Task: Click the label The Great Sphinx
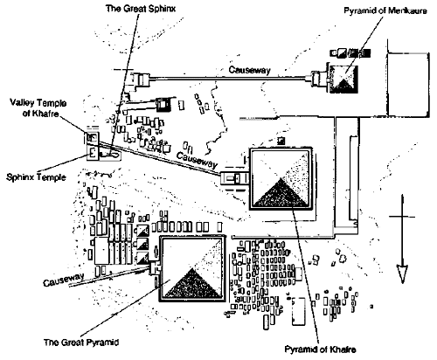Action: pyautogui.click(x=141, y=8)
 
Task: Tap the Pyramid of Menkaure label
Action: pyautogui.click(x=385, y=11)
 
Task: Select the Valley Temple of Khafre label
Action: pyautogui.click(x=38, y=107)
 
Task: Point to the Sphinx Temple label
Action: pyautogui.click(x=36, y=177)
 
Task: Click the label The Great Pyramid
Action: pyautogui.click(x=81, y=342)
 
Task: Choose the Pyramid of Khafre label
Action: pyautogui.click(x=320, y=350)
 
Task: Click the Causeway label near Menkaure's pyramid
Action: pyautogui.click(x=249, y=70)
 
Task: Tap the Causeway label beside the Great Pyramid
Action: pyautogui.click(x=64, y=280)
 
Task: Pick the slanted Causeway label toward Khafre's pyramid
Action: pyautogui.click(x=197, y=160)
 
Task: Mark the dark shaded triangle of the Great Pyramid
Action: pyautogui.click(x=192, y=284)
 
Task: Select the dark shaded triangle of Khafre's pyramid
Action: pyautogui.click(x=281, y=193)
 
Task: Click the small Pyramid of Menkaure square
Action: pyautogui.click(x=343, y=79)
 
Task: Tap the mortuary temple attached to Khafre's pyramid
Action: pyautogui.click(x=235, y=178)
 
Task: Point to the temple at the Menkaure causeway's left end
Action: pyautogui.click(x=140, y=80)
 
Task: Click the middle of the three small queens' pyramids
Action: pyautogui.click(x=142, y=244)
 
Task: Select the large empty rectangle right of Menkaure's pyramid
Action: pyautogui.click(x=408, y=85)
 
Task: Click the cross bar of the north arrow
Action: pyautogui.click(x=402, y=217)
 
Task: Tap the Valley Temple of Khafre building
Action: pyautogui.click(x=93, y=137)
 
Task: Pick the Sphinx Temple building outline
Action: pyautogui.click(x=94, y=153)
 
